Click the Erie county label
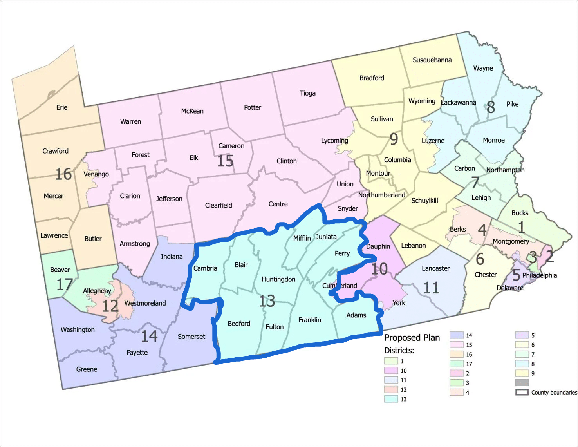pyautogui.click(x=62, y=107)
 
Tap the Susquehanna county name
pyautogui.click(x=432, y=60)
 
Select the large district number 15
pyautogui.click(x=225, y=161)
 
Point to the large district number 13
pyautogui.click(x=267, y=301)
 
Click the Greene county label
pyautogui.click(x=87, y=369)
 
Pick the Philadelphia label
pyautogui.click(x=539, y=275)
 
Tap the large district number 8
pyautogui.click(x=491, y=107)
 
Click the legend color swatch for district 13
pyautogui.click(x=391, y=399)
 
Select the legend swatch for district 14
pyautogui.click(x=456, y=335)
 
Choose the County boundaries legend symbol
pyautogui.click(x=522, y=392)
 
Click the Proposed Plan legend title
pyautogui.click(x=412, y=338)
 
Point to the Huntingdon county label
pyautogui.click(x=278, y=279)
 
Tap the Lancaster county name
pyautogui.click(x=435, y=268)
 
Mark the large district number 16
pyautogui.click(x=63, y=174)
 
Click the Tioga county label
pyautogui.click(x=307, y=93)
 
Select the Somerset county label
pyautogui.click(x=191, y=337)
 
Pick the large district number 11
pyautogui.click(x=431, y=288)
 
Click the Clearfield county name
pyautogui.click(x=219, y=205)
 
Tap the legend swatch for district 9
pyautogui.click(x=522, y=373)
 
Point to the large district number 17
pyautogui.click(x=64, y=284)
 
